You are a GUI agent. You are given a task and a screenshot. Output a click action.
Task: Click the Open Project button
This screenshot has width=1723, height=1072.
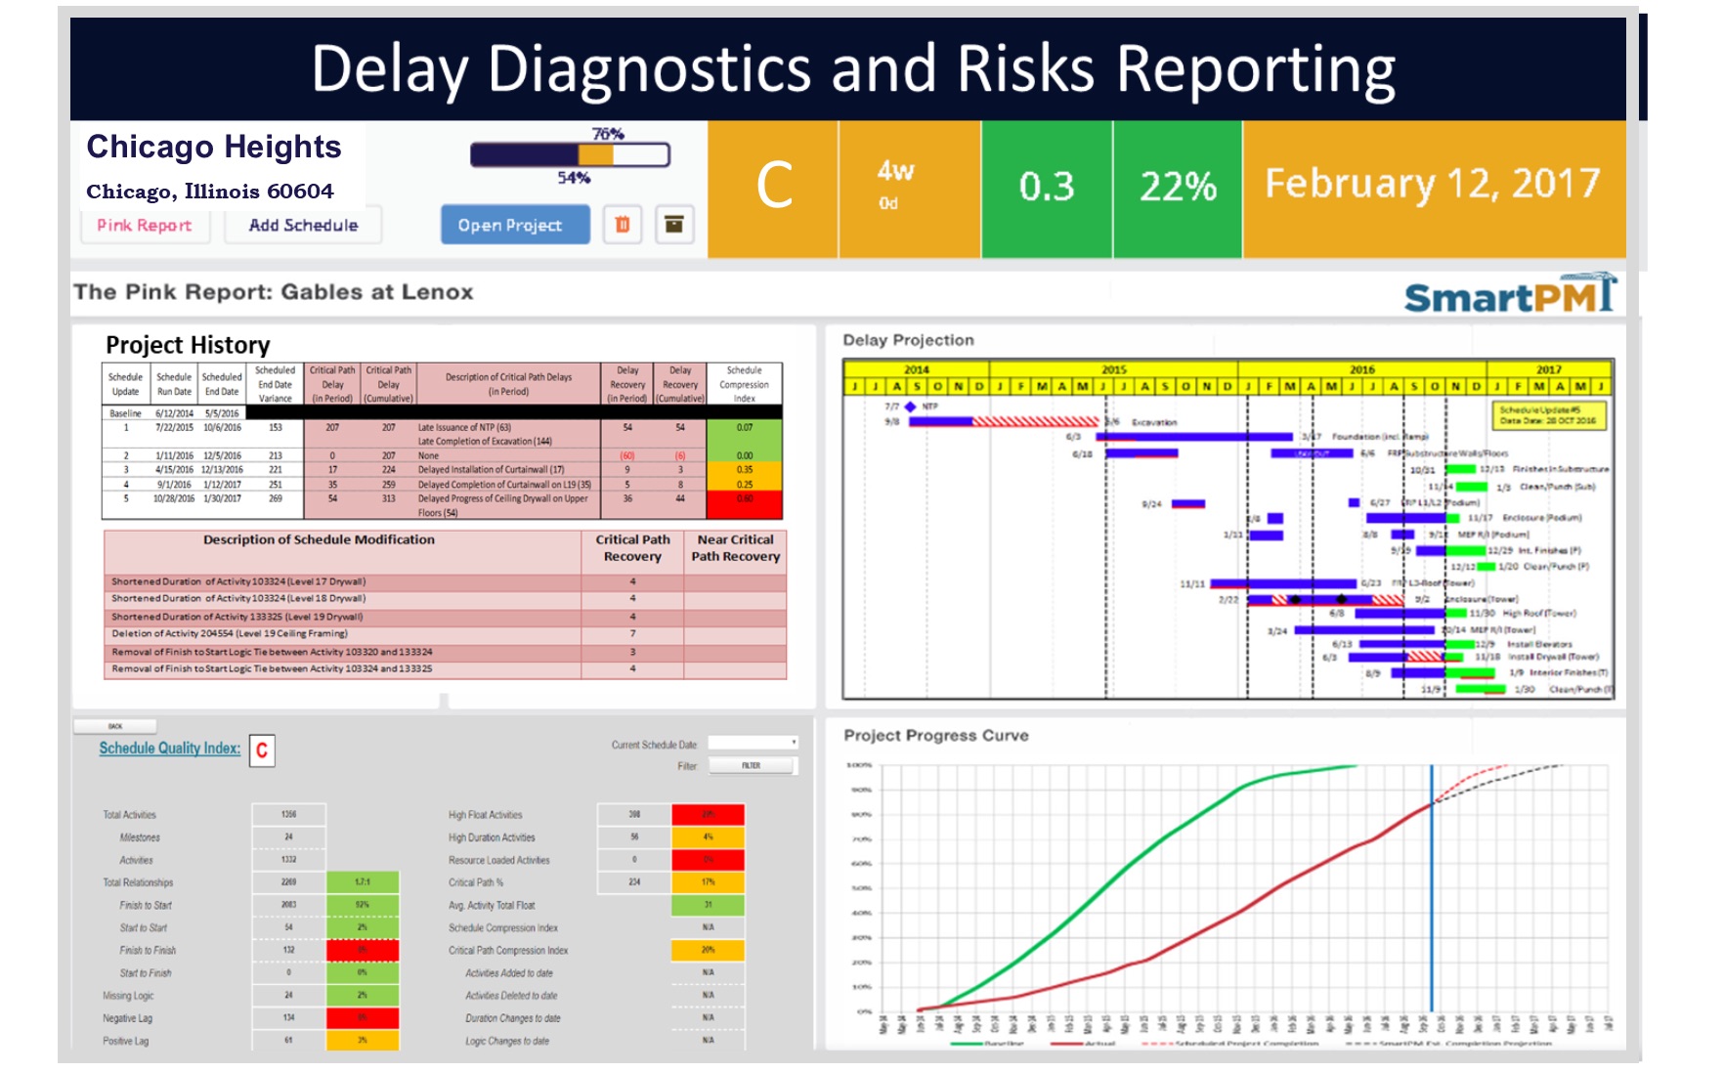tap(514, 225)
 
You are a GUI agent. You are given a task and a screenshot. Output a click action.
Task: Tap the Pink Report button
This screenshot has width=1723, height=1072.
tap(144, 226)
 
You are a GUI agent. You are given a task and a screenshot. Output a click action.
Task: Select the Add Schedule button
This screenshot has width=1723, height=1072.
tap(303, 226)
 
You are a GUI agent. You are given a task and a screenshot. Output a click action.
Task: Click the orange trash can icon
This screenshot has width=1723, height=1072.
tap(623, 225)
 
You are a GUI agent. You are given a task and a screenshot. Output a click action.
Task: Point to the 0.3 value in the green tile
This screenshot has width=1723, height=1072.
tap(1046, 187)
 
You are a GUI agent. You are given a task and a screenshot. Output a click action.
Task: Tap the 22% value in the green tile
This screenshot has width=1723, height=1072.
tap(1178, 187)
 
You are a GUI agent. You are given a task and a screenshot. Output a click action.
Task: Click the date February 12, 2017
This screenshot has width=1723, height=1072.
tap(1432, 184)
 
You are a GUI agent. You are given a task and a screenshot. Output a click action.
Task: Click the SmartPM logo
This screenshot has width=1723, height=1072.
tap(1509, 294)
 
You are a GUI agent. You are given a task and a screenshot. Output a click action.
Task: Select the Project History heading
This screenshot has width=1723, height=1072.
tap(188, 345)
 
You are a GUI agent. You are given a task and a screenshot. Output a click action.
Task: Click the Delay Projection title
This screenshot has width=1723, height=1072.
tap(908, 340)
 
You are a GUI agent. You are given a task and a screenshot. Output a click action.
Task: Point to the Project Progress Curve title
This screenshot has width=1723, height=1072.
tap(935, 736)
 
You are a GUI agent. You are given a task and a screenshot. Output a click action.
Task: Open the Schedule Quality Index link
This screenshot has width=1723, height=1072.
tap(169, 749)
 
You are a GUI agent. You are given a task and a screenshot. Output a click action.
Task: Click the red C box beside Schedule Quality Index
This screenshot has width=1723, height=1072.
tap(262, 750)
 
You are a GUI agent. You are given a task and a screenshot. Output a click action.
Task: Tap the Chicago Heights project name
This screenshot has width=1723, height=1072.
tap(214, 147)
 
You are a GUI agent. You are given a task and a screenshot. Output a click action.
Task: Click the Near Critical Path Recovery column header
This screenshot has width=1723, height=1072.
tap(735, 548)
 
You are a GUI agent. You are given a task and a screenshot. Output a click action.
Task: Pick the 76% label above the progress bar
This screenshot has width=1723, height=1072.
tap(608, 134)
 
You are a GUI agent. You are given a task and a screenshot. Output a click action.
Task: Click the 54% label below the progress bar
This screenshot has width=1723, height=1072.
tap(574, 178)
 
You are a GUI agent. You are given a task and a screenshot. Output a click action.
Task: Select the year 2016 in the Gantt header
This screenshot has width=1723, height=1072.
tap(1361, 369)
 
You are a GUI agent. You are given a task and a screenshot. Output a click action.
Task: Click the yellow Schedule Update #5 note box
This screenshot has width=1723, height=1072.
tap(1548, 415)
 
